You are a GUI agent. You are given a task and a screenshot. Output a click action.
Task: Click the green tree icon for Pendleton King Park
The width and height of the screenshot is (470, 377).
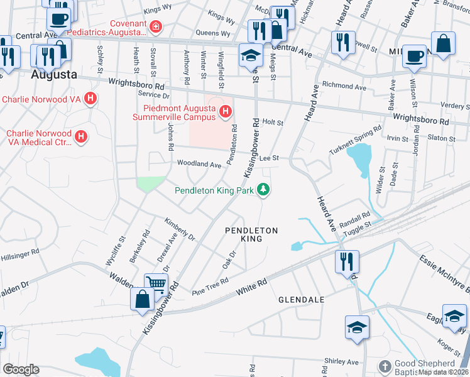pyautogui.click(x=265, y=189)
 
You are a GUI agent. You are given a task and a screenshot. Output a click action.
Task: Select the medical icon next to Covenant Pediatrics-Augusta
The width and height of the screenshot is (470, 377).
pyautogui.click(x=155, y=26)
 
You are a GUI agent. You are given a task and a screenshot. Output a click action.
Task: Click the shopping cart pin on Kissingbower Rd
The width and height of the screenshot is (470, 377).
pyautogui.click(x=156, y=284)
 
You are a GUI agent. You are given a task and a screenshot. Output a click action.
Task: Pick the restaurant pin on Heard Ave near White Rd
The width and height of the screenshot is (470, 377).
pyautogui.click(x=347, y=261)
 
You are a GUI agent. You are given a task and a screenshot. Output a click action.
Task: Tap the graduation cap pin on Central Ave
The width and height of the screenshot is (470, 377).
pyautogui.click(x=250, y=55)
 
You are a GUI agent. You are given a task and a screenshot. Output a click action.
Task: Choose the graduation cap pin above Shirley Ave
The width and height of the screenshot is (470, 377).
pyautogui.click(x=357, y=326)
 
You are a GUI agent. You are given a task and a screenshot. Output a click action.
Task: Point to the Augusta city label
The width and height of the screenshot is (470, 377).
pyautogui.click(x=54, y=75)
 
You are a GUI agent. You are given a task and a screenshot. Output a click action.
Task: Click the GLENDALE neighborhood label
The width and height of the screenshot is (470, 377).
pyautogui.click(x=302, y=300)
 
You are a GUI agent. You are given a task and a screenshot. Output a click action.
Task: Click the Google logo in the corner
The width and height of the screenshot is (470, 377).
pyautogui.click(x=21, y=369)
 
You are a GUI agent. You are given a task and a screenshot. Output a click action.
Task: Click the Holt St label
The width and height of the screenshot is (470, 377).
pyautogui.click(x=273, y=123)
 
